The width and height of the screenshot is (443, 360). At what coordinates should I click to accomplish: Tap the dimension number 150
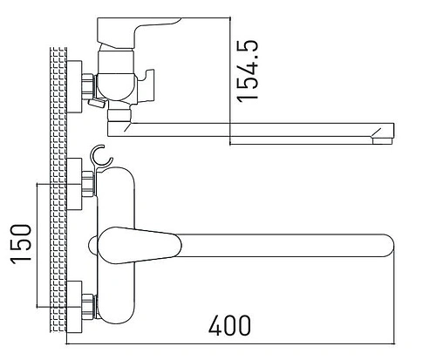pyautogui.click(x=22, y=243)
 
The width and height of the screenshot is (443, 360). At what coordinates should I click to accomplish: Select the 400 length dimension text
pyautogui.click(x=230, y=325)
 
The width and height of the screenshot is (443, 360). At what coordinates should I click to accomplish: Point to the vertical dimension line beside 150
pyautogui.click(x=37, y=244)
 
